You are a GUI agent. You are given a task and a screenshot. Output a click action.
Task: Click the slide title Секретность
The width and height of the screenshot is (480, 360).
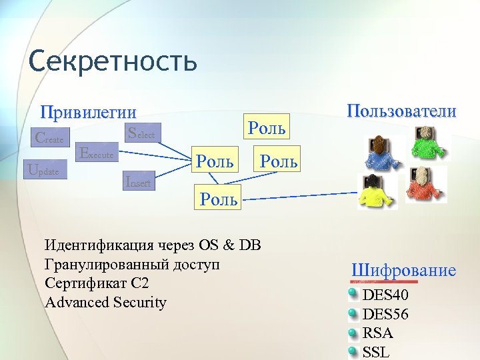113,61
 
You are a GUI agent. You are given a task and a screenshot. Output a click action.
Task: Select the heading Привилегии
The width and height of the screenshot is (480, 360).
88,112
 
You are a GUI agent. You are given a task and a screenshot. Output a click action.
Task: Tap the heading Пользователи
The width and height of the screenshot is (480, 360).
401,111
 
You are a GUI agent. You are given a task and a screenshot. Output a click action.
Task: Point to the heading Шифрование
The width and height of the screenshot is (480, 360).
403,270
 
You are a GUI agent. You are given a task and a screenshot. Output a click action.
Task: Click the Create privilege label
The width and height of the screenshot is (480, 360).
49,139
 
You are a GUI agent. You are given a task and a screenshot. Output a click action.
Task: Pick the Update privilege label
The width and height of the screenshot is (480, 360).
44,170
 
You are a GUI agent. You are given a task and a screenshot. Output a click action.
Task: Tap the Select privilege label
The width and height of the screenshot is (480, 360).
141,133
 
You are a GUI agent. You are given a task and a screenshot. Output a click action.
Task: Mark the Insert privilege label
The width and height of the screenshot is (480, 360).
139,180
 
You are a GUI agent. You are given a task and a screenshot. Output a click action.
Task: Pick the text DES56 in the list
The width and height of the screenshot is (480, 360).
385,314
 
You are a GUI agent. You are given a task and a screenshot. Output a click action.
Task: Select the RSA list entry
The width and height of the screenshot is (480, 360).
377,333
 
